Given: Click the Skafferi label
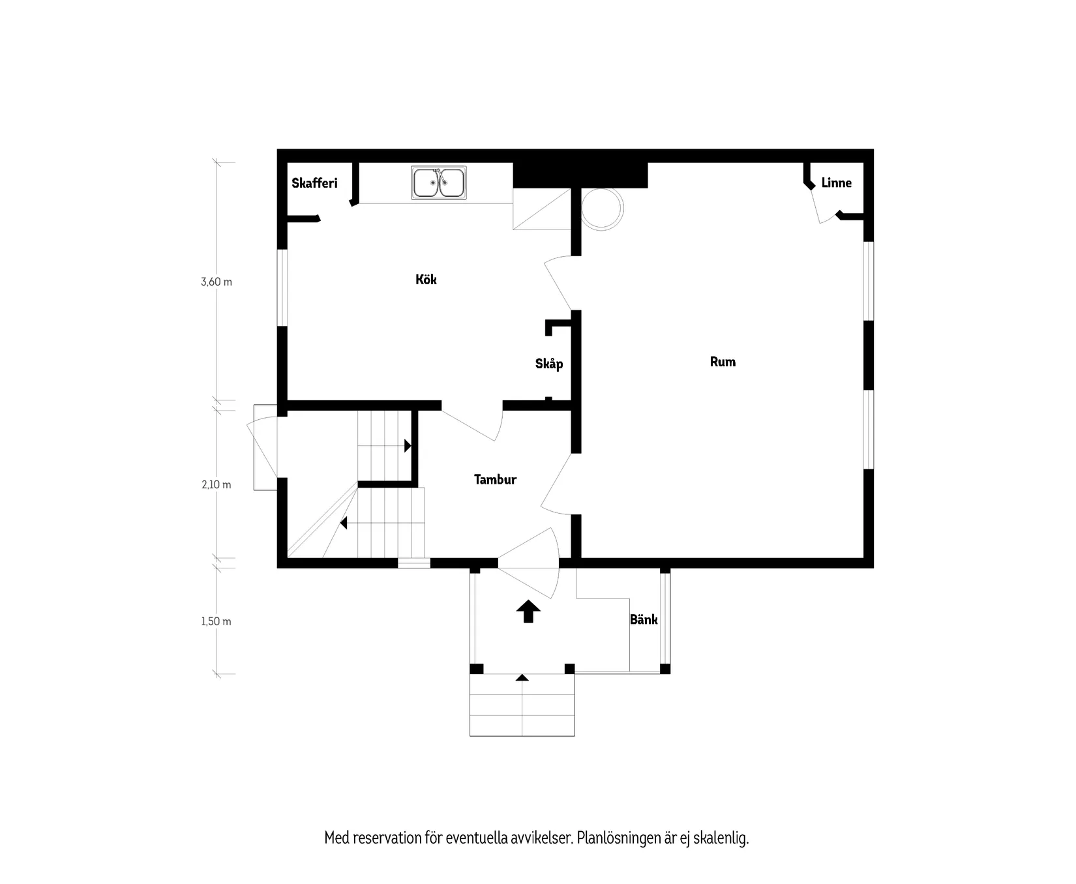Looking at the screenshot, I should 314,183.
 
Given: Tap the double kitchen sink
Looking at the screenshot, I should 439,183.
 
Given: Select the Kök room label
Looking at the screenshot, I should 426,280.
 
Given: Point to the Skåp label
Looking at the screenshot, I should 549,364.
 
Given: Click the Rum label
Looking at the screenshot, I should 723,362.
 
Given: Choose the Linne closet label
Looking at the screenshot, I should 836,183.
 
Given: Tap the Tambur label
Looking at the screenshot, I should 495,480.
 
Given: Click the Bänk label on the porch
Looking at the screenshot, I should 644,620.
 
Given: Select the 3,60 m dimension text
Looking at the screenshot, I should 217,282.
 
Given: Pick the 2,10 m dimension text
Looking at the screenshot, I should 217,485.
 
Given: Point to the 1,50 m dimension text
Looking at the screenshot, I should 217,622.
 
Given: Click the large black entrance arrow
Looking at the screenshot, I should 528,612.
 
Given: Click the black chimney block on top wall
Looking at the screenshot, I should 580,175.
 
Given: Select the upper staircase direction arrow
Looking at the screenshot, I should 408,446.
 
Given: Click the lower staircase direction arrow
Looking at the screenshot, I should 344,523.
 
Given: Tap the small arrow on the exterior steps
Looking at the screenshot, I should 522,678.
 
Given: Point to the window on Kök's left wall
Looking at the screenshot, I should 282,287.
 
